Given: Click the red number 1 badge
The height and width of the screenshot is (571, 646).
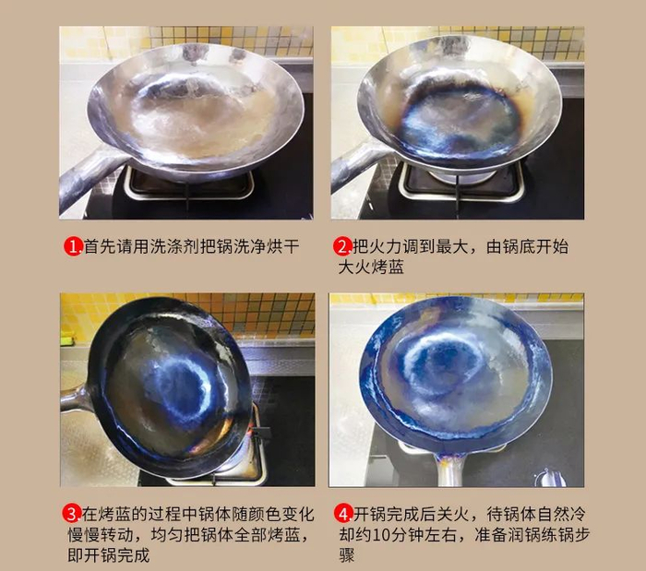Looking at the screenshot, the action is click(x=73, y=246).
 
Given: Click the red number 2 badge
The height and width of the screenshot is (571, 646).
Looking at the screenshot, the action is click(x=342, y=246).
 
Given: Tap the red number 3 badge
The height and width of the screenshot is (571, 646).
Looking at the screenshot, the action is click(x=72, y=514).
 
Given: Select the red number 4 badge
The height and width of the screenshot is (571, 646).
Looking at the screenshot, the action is click(x=343, y=514).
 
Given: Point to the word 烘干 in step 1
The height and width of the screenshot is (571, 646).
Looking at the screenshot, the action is click(x=282, y=246).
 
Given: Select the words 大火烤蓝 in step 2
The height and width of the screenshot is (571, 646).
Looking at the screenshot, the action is click(x=371, y=267).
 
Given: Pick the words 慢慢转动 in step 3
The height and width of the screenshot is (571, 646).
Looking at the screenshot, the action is click(x=101, y=535).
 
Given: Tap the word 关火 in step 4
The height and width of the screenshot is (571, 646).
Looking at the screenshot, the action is click(x=452, y=514).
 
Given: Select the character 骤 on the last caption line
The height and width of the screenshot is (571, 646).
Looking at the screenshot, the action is click(x=346, y=555).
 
